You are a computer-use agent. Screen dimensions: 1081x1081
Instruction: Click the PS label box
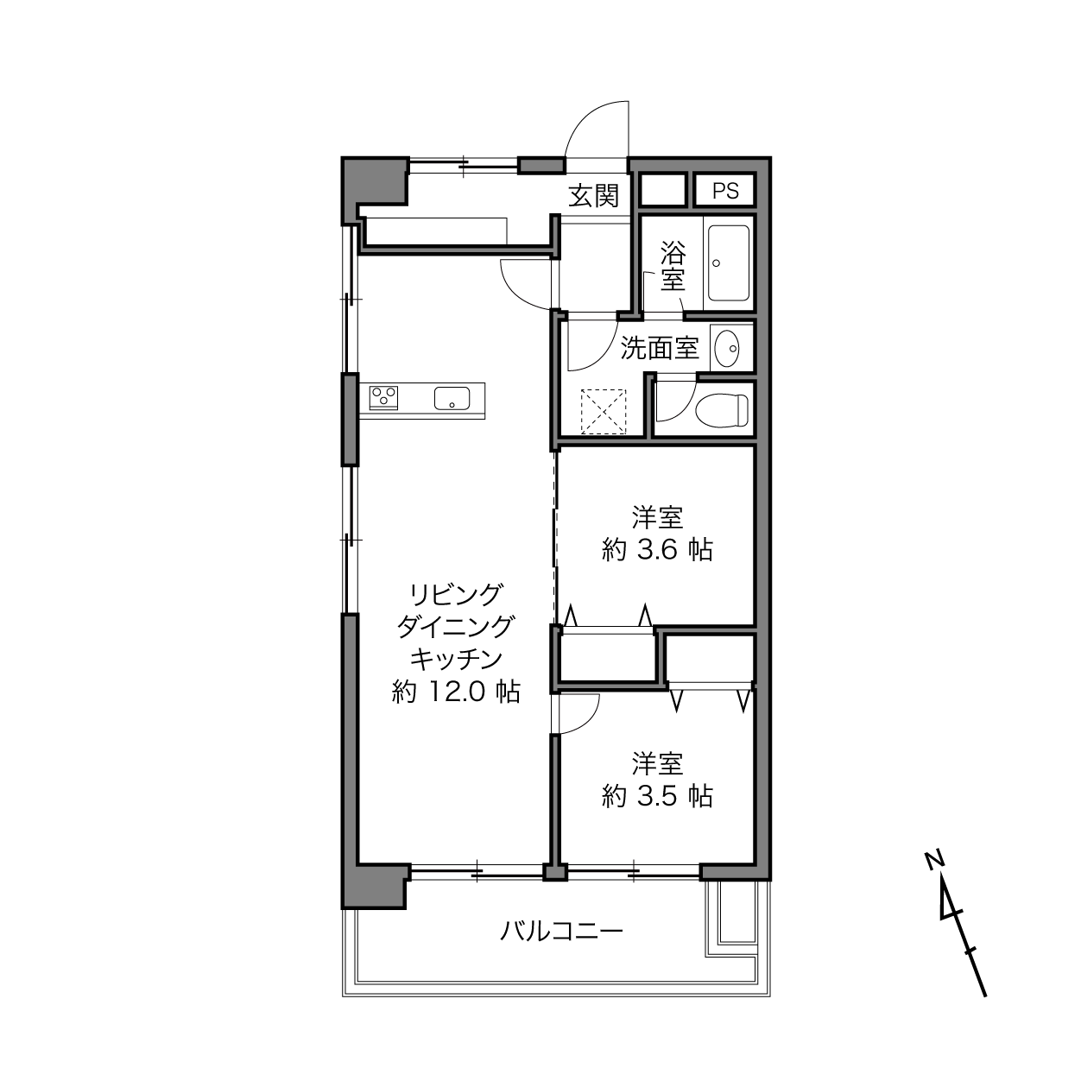click(724, 190)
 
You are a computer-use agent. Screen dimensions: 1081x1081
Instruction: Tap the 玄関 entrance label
click(593, 196)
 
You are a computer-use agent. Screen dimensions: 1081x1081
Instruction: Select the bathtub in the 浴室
click(729, 263)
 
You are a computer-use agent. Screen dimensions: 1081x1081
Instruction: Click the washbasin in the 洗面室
click(727, 348)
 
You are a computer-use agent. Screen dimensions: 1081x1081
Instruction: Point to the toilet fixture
click(722, 411)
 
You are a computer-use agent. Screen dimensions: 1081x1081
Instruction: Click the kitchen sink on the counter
click(452, 398)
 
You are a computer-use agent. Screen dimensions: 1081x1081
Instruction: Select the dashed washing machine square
click(603, 412)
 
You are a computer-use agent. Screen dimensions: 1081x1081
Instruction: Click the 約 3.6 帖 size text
click(657, 550)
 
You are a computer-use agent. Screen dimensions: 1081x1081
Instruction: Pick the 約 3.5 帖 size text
click(657, 796)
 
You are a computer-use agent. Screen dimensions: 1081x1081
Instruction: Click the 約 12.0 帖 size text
click(456, 692)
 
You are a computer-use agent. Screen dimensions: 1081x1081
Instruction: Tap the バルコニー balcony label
click(561, 932)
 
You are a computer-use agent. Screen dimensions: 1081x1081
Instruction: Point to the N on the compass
click(934, 861)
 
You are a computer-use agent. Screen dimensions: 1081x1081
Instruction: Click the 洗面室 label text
click(660, 348)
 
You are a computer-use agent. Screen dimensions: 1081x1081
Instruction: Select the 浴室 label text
click(673, 266)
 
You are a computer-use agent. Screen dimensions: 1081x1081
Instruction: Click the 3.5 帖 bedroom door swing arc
click(589, 722)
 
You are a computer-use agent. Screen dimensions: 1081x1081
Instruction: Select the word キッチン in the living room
click(456, 659)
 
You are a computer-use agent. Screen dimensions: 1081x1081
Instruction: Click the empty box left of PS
click(663, 190)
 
